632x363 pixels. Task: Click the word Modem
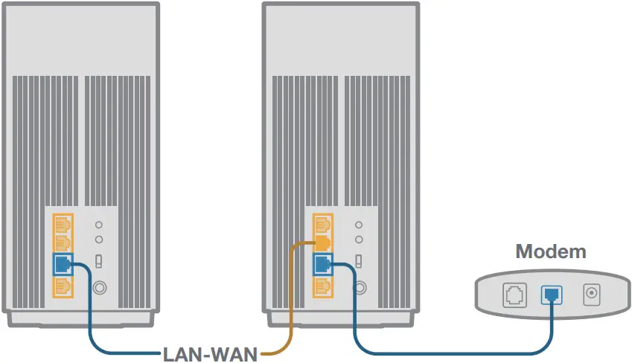(551, 251)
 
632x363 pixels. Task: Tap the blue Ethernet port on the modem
(552, 294)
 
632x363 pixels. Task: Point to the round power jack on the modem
(592, 294)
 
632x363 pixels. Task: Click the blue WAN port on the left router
(63, 263)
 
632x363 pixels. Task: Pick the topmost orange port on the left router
(63, 222)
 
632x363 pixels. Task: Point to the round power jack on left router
(99, 284)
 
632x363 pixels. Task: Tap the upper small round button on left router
(99, 224)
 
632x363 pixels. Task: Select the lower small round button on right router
(359, 240)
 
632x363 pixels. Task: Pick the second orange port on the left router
(63, 242)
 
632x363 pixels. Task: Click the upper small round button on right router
(359, 224)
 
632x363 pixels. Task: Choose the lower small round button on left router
(99, 240)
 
